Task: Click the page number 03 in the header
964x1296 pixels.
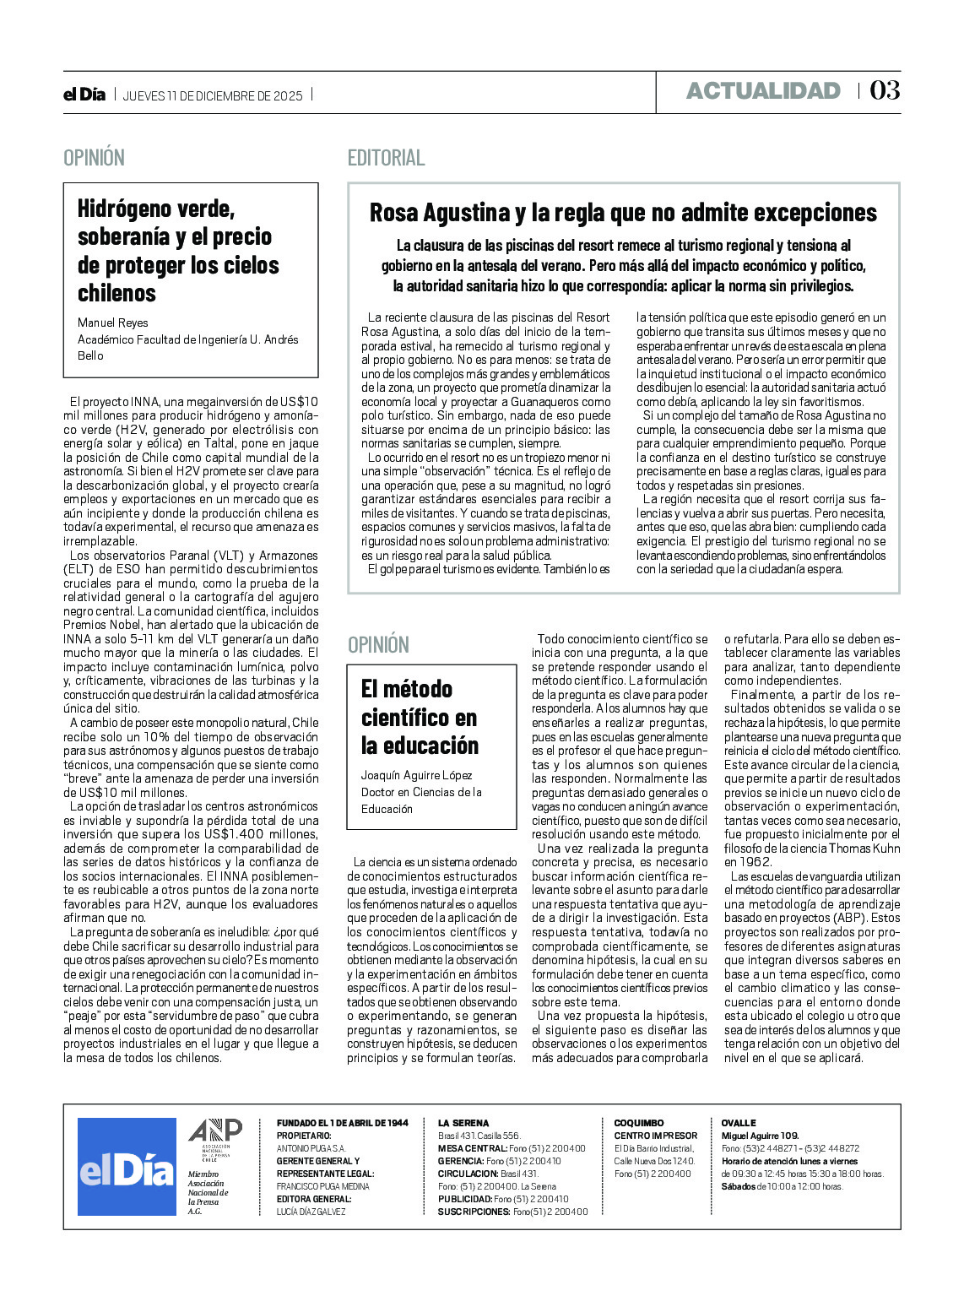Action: (885, 90)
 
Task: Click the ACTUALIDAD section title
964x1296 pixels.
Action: (763, 91)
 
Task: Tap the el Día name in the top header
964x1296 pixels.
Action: (84, 95)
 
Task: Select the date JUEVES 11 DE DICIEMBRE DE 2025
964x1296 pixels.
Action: (213, 95)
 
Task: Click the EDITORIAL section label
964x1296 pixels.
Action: (386, 158)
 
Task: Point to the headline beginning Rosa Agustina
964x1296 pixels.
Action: (623, 213)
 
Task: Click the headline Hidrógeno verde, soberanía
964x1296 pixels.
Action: (177, 251)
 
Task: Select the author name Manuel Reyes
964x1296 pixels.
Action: (112, 323)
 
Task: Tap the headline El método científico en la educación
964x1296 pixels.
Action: (420, 717)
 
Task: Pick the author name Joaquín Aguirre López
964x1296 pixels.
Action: (416, 775)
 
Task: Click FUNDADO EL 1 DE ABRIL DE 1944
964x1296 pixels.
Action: (342, 1123)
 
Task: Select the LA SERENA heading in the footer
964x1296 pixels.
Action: (463, 1123)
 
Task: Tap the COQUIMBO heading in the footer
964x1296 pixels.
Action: (639, 1123)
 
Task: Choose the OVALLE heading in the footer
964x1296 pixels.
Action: (739, 1123)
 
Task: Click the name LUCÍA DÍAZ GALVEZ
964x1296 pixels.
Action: (311, 1212)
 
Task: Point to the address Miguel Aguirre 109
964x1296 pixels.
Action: (760, 1136)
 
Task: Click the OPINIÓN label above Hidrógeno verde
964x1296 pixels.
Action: (94, 158)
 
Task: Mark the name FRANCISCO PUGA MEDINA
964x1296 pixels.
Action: (322, 1186)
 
